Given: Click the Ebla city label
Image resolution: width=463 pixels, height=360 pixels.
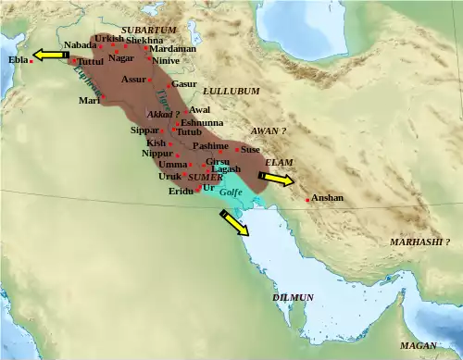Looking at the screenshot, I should click(x=18, y=59).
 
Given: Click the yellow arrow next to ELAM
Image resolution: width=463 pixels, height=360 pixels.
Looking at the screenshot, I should click(x=278, y=178).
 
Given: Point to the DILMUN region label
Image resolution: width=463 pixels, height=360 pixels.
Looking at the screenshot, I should click(x=293, y=298).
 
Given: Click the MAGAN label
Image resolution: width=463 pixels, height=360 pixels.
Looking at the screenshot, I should click(x=418, y=345).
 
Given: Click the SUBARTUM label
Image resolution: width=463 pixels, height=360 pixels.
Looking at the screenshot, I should click(x=148, y=31).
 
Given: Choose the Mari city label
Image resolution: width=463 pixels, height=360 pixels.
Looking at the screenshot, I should click(x=88, y=100).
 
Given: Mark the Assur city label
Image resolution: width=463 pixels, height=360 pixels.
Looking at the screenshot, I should click(x=133, y=80).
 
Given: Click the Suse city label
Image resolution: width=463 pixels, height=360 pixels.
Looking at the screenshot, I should click(x=250, y=148).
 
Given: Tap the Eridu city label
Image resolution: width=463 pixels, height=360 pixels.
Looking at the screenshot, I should click(x=181, y=191).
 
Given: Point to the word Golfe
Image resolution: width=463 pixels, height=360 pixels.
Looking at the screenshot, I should click(x=231, y=192).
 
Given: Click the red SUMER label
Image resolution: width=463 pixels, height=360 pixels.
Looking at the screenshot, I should click(x=205, y=176).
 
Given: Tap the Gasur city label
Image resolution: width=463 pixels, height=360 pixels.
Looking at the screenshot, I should click(x=184, y=84).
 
